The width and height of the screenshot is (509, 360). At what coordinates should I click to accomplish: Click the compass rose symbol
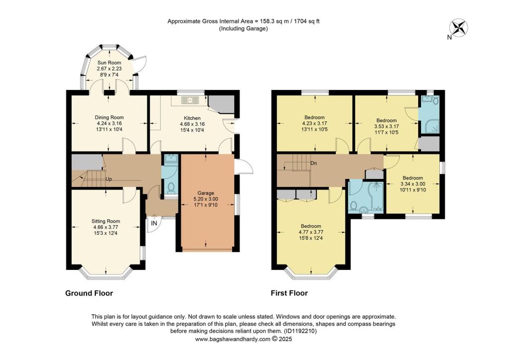coord(459,27)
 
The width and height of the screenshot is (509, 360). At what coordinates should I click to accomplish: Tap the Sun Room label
coord(109,63)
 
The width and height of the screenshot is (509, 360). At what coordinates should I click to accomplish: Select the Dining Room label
coord(109,117)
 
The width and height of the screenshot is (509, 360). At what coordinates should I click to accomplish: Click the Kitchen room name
coord(192,118)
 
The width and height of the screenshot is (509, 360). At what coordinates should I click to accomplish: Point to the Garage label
coord(206,193)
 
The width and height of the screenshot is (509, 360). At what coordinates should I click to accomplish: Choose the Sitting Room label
coord(105,221)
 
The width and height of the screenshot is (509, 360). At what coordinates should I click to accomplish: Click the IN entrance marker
coord(154,223)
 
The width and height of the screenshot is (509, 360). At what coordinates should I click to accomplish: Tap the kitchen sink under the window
coord(189,100)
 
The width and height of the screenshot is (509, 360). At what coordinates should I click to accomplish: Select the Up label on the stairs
coord(109,179)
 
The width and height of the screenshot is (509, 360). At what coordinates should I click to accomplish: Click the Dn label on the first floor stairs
coord(314,163)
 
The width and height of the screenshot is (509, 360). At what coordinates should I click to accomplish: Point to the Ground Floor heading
coord(89,293)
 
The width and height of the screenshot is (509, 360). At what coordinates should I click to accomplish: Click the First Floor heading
coord(289,293)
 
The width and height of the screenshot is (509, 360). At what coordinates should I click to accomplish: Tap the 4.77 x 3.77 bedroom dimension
coord(311,232)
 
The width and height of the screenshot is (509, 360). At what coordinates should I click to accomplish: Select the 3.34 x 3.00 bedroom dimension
coord(413,184)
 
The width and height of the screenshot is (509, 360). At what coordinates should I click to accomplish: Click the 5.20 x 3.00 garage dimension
coord(206,199)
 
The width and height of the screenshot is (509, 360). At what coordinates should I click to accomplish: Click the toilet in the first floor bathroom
coord(354,205)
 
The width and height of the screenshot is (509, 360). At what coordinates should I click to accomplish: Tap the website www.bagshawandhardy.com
coord(233,339)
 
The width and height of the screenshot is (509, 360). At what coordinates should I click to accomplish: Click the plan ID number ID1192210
coord(300,332)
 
